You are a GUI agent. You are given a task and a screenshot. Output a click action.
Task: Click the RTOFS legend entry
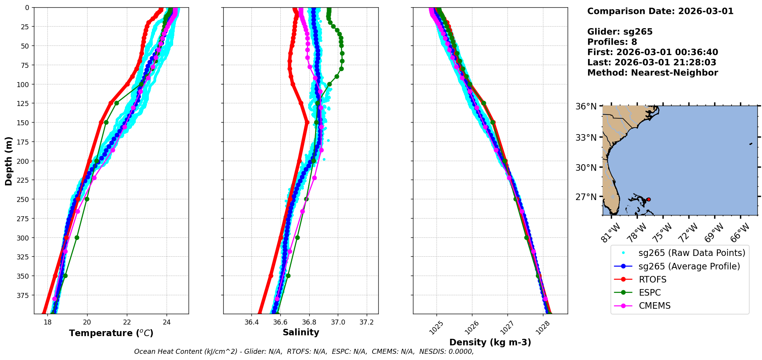[x=652, y=279]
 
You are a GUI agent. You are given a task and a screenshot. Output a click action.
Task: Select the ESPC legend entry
[x=650, y=293]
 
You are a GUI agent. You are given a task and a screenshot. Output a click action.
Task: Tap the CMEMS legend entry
[x=654, y=306]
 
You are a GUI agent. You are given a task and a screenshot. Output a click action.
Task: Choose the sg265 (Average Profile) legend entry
[x=689, y=266]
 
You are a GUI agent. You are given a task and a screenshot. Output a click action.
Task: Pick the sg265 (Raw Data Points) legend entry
[x=692, y=253]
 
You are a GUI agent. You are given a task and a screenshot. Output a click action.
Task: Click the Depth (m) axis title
[x=9, y=161]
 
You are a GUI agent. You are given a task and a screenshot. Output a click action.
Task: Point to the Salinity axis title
[x=301, y=332]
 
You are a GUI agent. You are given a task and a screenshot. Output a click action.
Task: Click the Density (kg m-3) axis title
[x=490, y=342]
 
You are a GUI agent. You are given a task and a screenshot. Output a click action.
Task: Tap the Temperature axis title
[x=111, y=333]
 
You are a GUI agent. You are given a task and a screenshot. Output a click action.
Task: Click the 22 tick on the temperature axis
[x=127, y=322]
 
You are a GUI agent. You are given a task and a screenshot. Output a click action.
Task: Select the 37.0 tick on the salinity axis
[x=338, y=322]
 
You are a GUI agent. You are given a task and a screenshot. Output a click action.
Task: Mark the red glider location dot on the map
[x=648, y=199]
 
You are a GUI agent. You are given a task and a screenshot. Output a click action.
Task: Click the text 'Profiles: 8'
[x=612, y=42]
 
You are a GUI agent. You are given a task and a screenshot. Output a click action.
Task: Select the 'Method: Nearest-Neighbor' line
[x=652, y=73]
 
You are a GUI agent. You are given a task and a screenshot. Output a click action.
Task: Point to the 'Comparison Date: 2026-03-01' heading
[x=660, y=11]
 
